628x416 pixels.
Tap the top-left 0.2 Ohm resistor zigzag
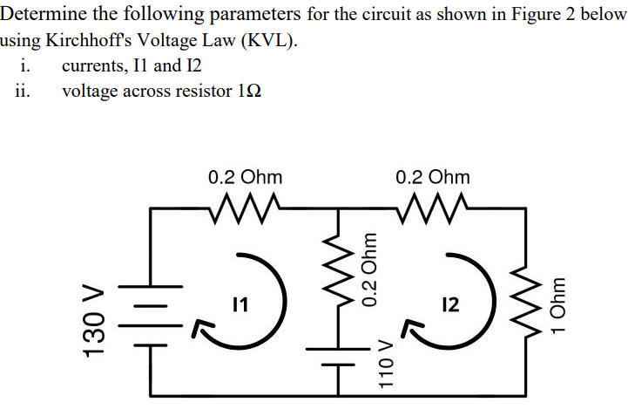[x=245, y=208]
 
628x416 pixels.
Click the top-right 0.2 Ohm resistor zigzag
[x=432, y=208]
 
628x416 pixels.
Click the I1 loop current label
[x=241, y=305]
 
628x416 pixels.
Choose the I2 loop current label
[x=449, y=305]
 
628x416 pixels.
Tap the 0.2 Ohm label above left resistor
[x=245, y=176]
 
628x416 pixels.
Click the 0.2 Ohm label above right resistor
[x=432, y=176]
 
